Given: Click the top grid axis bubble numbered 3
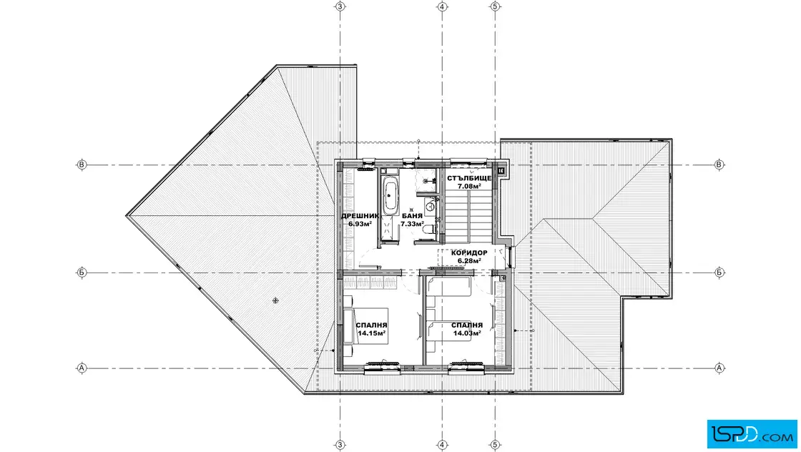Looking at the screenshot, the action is click(x=340, y=6).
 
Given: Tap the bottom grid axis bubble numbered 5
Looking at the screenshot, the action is click(x=494, y=446).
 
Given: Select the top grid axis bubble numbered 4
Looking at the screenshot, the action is click(x=443, y=6).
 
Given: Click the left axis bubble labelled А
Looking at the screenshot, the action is click(x=82, y=368).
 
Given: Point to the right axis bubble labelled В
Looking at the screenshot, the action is click(x=719, y=164).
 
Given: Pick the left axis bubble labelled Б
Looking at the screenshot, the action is click(x=82, y=272).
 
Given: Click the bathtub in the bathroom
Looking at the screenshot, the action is click(x=390, y=195).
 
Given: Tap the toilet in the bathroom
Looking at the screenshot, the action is click(x=429, y=231).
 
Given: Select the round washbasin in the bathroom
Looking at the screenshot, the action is click(x=430, y=207).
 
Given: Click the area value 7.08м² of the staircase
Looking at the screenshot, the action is click(x=469, y=187).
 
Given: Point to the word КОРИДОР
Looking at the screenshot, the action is click(x=469, y=252).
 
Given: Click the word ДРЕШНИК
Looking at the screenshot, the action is click(x=360, y=216).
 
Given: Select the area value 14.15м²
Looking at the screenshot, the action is click(x=371, y=333).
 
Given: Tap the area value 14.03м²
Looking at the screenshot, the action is click(x=467, y=333).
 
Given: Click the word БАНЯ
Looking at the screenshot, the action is click(x=412, y=216).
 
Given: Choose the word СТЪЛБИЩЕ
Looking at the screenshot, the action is click(x=469, y=178).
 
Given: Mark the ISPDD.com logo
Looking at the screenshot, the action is click(x=752, y=434).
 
